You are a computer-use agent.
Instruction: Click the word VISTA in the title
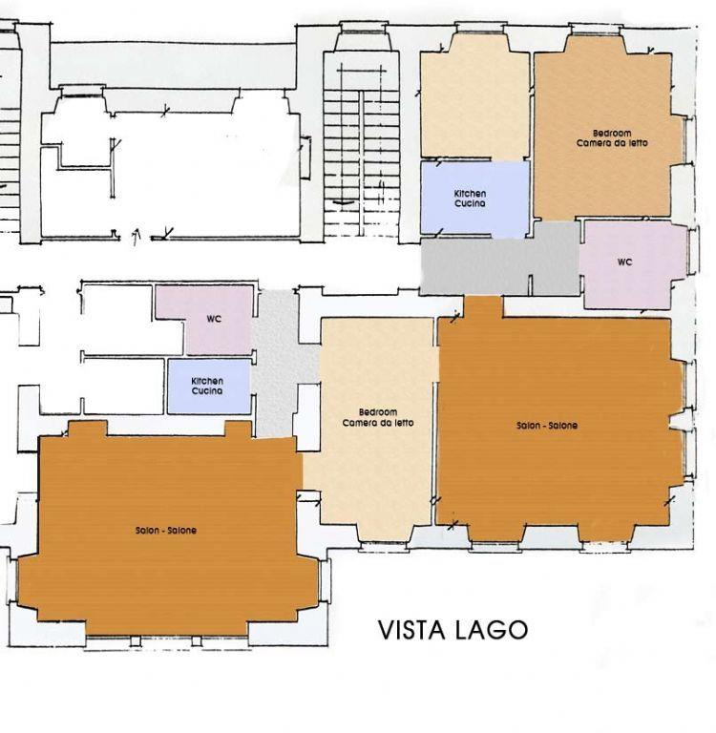[411, 630]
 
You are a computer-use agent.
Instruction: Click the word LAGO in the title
[491, 630]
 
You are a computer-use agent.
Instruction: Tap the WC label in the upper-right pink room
[624, 262]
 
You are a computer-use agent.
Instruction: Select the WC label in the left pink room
[214, 320]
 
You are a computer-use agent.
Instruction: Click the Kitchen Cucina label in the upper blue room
[470, 199]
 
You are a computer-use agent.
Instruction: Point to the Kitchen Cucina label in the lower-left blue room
[207, 387]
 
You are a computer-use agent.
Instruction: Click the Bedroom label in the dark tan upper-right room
[612, 134]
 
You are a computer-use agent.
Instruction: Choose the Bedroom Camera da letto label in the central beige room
[378, 417]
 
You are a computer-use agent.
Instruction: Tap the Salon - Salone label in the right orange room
[547, 426]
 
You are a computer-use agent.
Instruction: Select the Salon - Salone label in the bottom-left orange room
[166, 530]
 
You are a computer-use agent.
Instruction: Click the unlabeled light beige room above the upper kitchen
[474, 100]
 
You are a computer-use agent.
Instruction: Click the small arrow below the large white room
[137, 236]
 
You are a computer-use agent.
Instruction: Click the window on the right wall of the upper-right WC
[693, 250]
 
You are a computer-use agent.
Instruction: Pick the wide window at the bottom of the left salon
[166, 641]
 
